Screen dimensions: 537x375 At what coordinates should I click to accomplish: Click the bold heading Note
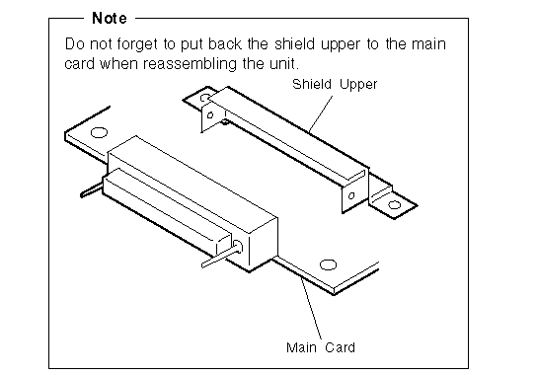[x=110, y=18]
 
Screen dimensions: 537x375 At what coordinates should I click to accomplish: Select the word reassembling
[x=190, y=64]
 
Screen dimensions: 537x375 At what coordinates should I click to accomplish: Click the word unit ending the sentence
[x=281, y=64]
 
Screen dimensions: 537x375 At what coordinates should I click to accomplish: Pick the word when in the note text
[x=118, y=64]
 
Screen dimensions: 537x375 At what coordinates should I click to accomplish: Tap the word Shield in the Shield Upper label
[x=312, y=84]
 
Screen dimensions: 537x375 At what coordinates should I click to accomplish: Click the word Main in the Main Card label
[x=301, y=347]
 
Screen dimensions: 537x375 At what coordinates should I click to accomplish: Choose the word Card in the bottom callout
[x=340, y=347]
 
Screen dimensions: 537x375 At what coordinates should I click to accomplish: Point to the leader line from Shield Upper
[x=320, y=114]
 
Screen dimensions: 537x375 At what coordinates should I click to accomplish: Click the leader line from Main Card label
[x=311, y=308]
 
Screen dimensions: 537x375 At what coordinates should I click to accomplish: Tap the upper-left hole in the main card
[x=99, y=132]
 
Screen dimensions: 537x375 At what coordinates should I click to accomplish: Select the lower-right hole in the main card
[x=328, y=264]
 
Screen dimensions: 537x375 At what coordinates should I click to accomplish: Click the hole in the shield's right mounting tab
[x=394, y=205]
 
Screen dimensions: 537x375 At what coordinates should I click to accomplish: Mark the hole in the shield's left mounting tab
[x=204, y=99]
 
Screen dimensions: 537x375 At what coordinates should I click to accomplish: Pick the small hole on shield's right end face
[x=351, y=196]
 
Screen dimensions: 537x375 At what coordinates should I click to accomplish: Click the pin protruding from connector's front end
[x=220, y=258]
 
